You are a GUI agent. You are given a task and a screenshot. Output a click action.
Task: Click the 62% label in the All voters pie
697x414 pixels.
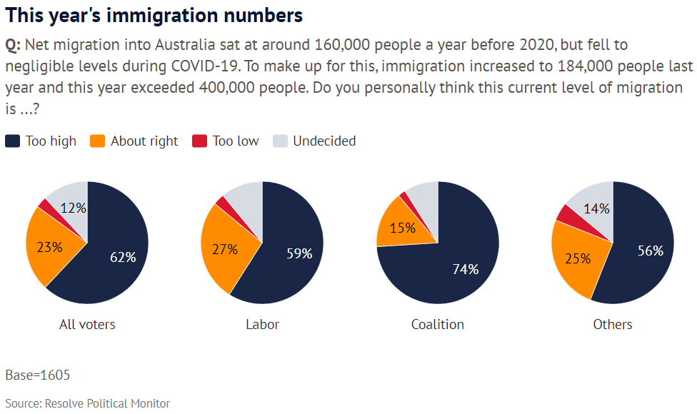[x=122, y=257]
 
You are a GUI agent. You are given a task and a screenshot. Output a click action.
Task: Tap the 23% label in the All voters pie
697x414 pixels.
[x=49, y=248]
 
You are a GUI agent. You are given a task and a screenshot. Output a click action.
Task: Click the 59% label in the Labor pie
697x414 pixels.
[x=299, y=253]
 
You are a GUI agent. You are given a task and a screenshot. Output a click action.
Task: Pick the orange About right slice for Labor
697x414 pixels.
[x=222, y=250]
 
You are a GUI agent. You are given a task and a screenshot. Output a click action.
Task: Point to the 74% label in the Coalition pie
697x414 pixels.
[x=466, y=269]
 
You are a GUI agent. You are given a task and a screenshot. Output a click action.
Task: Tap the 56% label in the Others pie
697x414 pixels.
[x=650, y=251]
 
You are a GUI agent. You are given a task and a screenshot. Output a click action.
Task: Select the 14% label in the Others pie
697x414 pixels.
[x=596, y=208]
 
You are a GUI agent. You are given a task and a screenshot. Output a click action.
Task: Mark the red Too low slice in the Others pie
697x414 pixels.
[x=568, y=213]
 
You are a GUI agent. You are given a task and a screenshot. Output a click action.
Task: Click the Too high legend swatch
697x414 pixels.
[x=12, y=141]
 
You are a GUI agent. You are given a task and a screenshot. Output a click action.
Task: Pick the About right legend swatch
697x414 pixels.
[x=98, y=141]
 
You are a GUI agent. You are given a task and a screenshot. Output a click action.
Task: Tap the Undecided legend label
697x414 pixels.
[x=324, y=141]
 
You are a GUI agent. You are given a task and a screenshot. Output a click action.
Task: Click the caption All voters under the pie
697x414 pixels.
[x=87, y=324]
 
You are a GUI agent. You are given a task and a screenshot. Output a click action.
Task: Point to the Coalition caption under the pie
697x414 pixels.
[x=438, y=324]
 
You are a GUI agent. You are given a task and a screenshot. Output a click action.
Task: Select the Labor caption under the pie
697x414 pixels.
[x=262, y=324]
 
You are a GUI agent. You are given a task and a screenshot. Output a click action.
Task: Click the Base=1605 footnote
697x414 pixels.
[x=38, y=375]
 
